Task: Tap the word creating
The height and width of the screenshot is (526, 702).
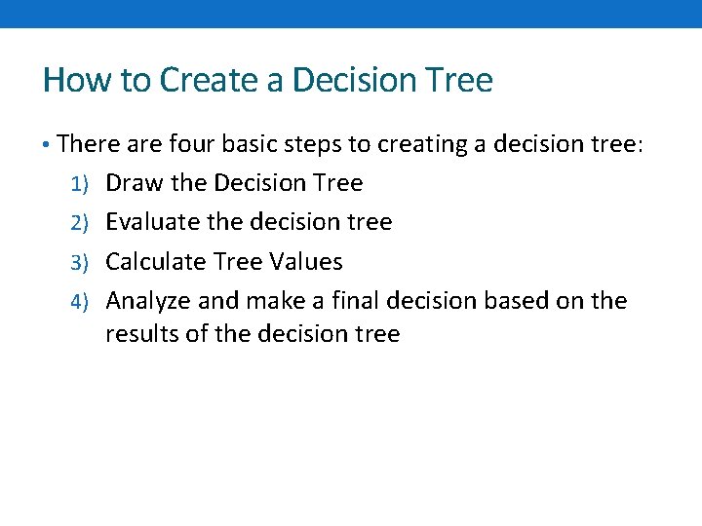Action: click(x=424, y=145)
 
